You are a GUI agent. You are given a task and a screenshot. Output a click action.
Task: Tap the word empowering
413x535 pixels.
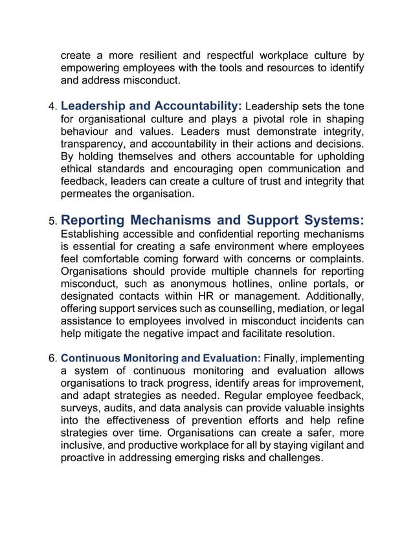click(x=90, y=68)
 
